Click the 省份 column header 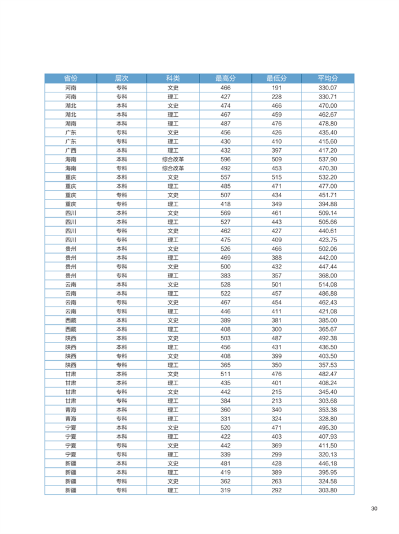point(70,78)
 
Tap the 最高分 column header point(225,78)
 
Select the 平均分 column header point(328,78)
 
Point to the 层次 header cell point(121,78)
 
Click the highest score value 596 point(225,160)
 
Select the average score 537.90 point(328,160)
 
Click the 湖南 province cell point(70,124)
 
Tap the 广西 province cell point(70,150)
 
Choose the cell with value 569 point(225,213)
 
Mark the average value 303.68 point(328,401)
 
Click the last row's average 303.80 point(328,490)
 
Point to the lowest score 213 point(276,401)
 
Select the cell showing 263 point(276,481)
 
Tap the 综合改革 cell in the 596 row point(173,160)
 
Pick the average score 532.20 point(328,177)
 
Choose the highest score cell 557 point(225,177)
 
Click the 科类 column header point(173,78)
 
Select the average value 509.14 point(328,213)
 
